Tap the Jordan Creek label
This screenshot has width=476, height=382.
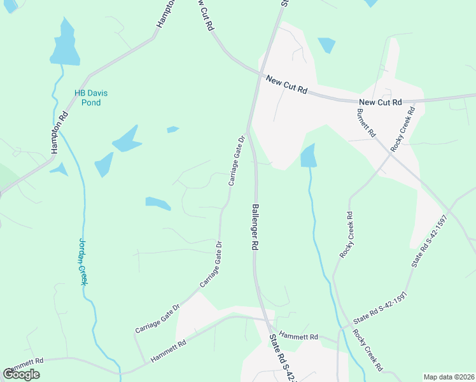(x=81, y=261)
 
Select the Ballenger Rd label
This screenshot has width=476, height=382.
(x=255, y=226)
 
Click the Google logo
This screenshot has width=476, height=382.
(x=21, y=374)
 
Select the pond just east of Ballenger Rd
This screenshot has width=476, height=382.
(x=309, y=156)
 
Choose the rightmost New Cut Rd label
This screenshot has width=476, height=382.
(x=380, y=102)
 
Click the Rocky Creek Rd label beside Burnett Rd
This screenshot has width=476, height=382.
(x=402, y=129)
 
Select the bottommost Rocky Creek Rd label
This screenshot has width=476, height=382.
(x=368, y=351)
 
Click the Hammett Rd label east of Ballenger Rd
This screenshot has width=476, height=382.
(x=298, y=336)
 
